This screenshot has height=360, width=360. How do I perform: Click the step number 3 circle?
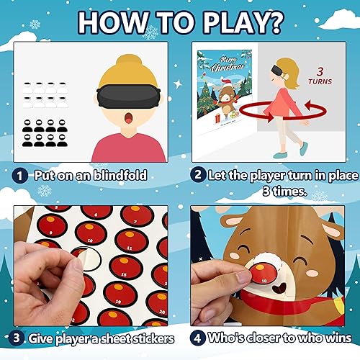(x=15, y=338)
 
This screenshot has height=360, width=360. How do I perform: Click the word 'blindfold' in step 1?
(x=122, y=174)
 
